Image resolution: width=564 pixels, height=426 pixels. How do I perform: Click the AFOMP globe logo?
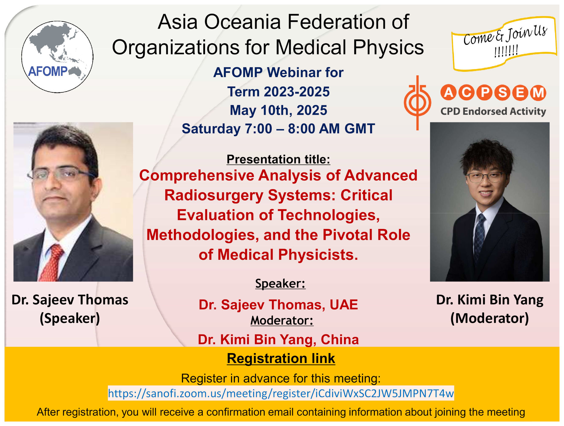57,57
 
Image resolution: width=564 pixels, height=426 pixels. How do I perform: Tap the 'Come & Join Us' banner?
504,44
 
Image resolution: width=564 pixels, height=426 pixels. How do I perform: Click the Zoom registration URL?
281,393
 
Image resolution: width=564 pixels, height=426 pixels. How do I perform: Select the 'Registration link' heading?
281,358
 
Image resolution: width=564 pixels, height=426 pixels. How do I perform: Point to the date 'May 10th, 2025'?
278,110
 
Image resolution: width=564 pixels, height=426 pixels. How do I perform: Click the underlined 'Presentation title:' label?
278,159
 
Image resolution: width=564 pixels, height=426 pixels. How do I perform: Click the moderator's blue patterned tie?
479,235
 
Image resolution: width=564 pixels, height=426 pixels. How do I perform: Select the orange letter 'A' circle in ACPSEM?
448,92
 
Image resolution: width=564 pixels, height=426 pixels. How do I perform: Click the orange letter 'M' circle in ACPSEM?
538,93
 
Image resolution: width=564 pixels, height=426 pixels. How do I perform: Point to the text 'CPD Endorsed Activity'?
493,112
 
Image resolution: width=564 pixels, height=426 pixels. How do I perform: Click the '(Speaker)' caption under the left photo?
70,318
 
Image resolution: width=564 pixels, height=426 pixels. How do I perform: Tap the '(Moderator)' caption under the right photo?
490,318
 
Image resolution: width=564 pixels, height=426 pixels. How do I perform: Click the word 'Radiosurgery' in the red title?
214,195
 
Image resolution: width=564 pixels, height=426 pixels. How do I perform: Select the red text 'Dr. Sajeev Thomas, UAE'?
278,305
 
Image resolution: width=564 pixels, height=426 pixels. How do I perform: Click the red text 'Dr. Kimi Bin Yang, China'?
278,340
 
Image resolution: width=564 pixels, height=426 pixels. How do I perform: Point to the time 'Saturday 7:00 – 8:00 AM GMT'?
278,129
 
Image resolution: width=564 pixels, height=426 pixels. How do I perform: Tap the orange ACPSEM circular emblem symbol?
417,102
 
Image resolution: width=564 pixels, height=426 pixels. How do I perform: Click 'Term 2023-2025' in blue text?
278,92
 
